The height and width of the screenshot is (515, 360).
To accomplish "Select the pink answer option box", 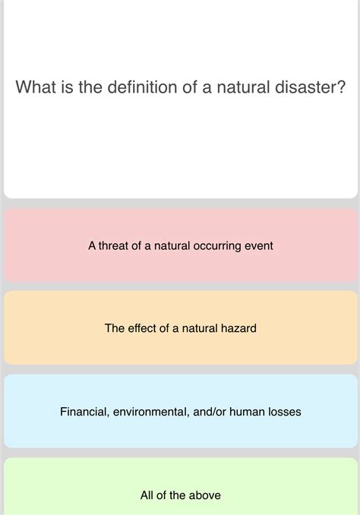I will (180, 246).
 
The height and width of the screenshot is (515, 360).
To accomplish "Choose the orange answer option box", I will (180, 328).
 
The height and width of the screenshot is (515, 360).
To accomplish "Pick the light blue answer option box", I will (180, 412).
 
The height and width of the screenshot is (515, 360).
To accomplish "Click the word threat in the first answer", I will (115, 246).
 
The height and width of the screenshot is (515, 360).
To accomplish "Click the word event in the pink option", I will (258, 246).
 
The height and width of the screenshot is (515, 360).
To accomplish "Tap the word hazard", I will (237, 328).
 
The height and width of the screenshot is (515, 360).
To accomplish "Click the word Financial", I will (84, 412).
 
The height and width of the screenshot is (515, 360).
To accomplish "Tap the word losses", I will (283, 412).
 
